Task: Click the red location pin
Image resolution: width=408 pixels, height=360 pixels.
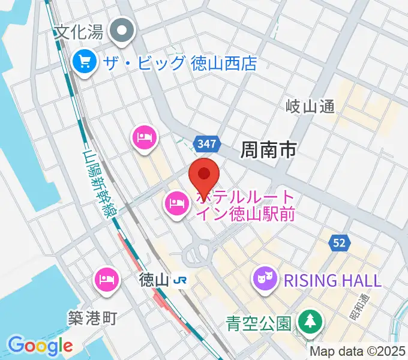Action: (203, 176)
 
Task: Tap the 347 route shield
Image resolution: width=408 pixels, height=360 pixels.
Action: (208, 143)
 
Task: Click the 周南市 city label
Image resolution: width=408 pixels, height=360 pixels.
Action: (268, 149)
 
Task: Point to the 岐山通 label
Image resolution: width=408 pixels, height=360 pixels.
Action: (310, 107)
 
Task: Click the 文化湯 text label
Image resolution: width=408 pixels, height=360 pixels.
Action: (79, 31)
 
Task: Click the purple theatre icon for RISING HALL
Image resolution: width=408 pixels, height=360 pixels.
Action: (265, 279)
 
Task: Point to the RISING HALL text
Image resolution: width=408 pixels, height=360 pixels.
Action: (332, 280)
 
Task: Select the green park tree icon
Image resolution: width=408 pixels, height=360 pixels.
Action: (310, 321)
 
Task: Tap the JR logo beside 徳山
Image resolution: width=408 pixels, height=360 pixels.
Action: (179, 280)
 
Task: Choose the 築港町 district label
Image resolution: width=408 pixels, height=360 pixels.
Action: (92, 318)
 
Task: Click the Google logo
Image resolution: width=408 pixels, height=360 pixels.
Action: (40, 346)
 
